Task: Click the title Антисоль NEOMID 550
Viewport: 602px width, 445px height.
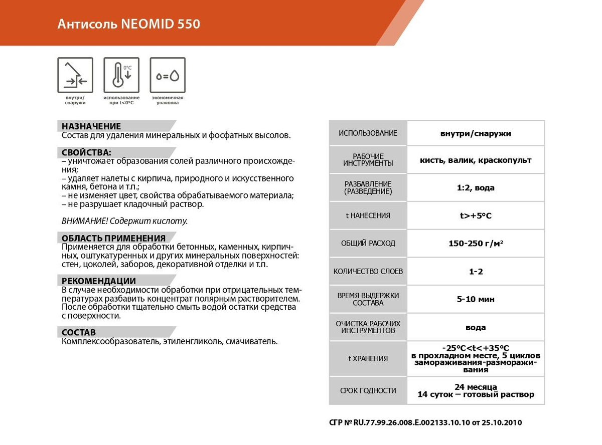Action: pos(129,24)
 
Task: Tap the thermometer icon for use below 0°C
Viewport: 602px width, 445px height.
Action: pos(121,75)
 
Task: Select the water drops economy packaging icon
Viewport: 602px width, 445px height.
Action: pos(168,75)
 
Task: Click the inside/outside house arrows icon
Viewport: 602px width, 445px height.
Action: pos(75,75)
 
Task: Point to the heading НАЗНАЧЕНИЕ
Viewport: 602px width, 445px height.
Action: pos(91,126)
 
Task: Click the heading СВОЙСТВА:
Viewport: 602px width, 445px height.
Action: pos(86,152)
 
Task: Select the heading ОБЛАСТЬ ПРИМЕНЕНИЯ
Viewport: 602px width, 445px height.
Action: pos(113,238)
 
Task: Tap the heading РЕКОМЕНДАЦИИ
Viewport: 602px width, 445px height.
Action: pos(99,281)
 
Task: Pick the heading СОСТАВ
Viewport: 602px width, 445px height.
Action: pos(79,332)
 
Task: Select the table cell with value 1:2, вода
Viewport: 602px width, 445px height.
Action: pos(476,188)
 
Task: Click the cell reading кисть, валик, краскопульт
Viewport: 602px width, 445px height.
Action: pos(476,160)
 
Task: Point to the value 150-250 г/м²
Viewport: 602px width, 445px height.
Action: pos(476,244)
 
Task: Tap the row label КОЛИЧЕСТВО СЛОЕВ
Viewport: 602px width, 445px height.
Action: pos(368,272)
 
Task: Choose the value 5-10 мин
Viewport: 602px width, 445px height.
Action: pos(476,299)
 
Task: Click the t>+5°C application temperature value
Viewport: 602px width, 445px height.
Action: pos(476,216)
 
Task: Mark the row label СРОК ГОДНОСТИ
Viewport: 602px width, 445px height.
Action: pos(368,391)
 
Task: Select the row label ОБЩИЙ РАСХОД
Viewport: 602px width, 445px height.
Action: pos(368,244)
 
